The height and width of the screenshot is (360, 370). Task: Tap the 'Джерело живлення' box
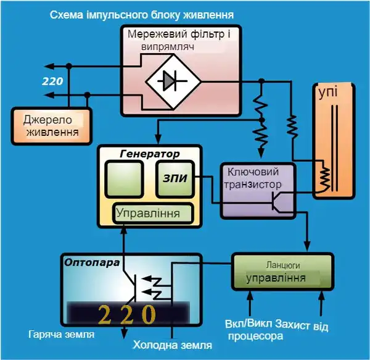51,125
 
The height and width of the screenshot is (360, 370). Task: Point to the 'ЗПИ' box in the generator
176,178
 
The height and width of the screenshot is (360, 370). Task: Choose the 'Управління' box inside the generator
152,214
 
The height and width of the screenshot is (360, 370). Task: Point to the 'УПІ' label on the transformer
327,93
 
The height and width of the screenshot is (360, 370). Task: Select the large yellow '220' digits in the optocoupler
127,314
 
